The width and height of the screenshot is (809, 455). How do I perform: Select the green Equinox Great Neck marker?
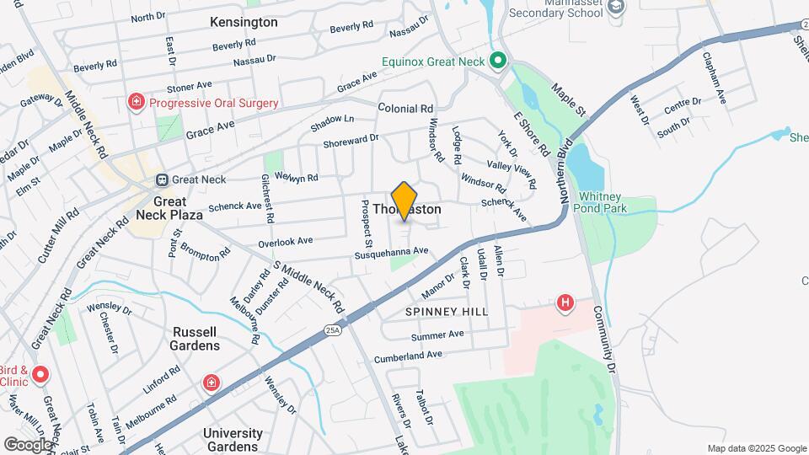(498, 61)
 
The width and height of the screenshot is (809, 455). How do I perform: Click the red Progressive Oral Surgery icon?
(135, 103)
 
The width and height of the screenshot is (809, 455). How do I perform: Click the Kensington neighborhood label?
(244, 22)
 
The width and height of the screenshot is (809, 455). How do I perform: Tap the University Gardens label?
(233, 439)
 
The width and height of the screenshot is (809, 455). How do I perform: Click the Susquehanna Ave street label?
(392, 252)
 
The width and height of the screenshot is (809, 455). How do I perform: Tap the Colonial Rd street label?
(405, 109)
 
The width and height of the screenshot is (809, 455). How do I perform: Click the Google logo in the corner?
(28, 444)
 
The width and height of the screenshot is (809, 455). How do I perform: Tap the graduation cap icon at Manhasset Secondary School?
(617, 7)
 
